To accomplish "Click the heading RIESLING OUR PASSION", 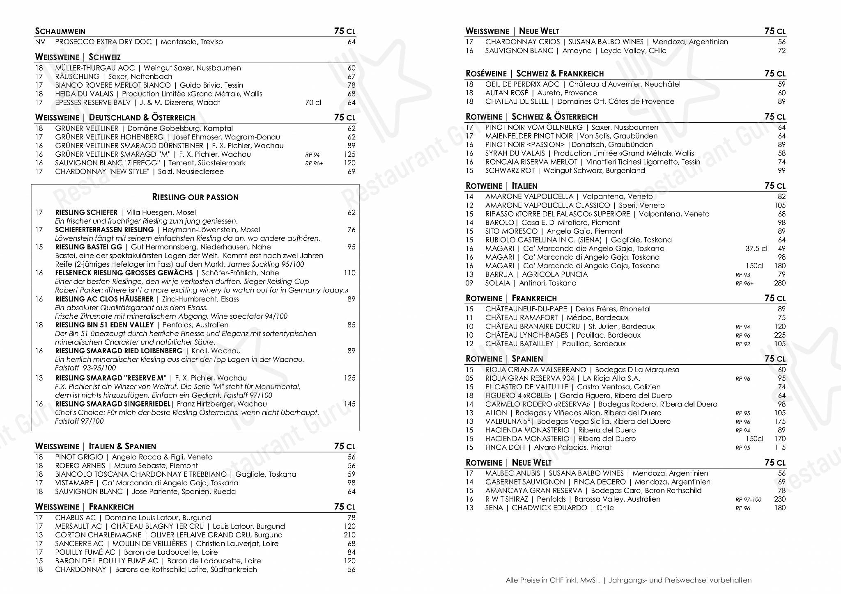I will click(x=195, y=197).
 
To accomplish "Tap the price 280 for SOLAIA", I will click(x=779, y=283).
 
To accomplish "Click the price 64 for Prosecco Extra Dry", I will click(x=351, y=42).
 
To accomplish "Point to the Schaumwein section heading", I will click(x=60, y=31).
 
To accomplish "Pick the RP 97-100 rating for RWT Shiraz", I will click(x=748, y=500).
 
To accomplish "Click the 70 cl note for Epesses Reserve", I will click(x=313, y=103).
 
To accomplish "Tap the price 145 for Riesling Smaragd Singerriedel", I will click(x=349, y=404).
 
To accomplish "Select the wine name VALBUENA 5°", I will click(x=509, y=422).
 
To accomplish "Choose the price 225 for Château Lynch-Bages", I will click(x=779, y=335).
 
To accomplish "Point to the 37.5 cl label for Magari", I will click(x=756, y=249).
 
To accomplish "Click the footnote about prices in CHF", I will click(x=628, y=580).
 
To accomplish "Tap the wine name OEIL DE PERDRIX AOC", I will click(x=522, y=84).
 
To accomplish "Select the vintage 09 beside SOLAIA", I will click(x=469, y=283).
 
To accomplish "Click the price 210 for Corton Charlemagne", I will click(x=349, y=535).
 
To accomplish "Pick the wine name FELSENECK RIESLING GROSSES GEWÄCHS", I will click(x=124, y=273).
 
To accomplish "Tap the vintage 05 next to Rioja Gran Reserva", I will click(x=469, y=378).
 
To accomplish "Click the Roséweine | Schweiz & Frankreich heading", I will click(x=535, y=74).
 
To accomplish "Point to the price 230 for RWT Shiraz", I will click(x=779, y=499).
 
